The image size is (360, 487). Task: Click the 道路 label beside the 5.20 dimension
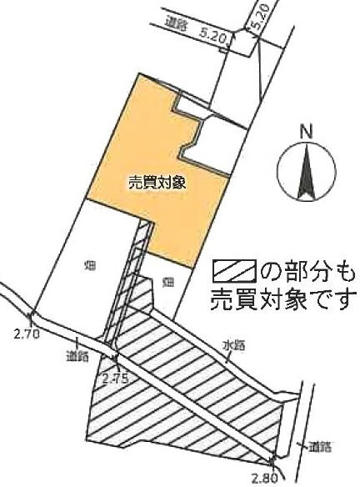click(x=176, y=26)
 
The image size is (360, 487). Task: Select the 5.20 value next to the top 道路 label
click(x=214, y=37)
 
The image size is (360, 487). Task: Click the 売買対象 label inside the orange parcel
click(x=157, y=183)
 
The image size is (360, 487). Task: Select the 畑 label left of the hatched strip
click(x=90, y=266)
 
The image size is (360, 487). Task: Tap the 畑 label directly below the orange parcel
click(x=167, y=282)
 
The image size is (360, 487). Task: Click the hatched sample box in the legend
click(x=234, y=271)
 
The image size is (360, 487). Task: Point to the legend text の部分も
click(x=307, y=271)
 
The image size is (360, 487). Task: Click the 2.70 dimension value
click(x=27, y=334)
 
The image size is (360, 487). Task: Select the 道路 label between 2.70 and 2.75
click(x=77, y=355)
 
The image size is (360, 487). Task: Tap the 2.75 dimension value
click(x=116, y=379)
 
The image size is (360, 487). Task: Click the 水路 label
click(x=233, y=345)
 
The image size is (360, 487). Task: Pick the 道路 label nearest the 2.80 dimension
click(x=320, y=447)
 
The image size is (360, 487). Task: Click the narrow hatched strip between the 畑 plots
click(x=129, y=279)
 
